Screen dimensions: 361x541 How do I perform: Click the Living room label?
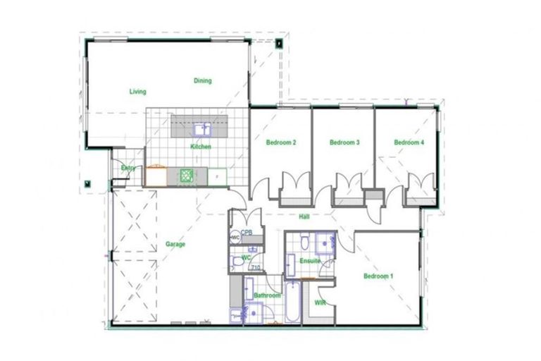(137, 92)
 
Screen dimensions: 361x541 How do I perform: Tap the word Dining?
(202, 81)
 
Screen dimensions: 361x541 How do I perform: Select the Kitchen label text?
(201, 147)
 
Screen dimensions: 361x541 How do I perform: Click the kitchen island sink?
(203, 129)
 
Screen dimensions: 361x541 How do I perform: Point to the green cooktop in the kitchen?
(187, 176)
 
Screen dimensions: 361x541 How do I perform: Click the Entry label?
(128, 168)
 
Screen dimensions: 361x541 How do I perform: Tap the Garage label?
(175, 245)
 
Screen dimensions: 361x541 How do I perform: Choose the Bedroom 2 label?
(280, 143)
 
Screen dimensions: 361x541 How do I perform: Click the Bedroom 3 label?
(344, 143)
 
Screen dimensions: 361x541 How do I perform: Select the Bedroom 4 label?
(409, 143)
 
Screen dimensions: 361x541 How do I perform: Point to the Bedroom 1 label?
(378, 276)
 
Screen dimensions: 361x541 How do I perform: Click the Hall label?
(304, 216)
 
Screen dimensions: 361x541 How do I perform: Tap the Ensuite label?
(310, 262)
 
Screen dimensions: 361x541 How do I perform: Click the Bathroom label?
(268, 295)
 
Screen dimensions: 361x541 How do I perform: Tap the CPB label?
(247, 232)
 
